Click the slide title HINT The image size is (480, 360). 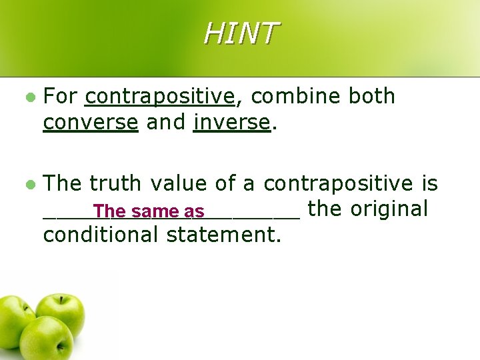pos(240,33)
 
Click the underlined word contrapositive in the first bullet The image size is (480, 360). pos(161,97)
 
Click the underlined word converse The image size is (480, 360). pos(90,123)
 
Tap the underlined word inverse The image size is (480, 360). pos(231,123)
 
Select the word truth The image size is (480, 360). pos(116,183)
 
